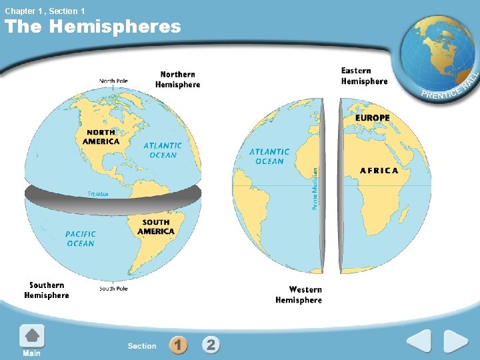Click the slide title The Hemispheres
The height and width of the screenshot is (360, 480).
[x=93, y=27]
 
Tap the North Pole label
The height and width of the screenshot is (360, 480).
[x=113, y=81]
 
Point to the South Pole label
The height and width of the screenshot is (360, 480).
[x=113, y=289]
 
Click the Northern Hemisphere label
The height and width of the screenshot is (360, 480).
[x=177, y=79]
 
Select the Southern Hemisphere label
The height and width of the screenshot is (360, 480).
[x=47, y=290]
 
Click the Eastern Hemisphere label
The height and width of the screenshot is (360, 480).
[x=364, y=76]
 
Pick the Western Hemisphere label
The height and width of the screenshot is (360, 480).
[x=299, y=295]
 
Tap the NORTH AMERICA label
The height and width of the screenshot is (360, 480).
[x=101, y=137]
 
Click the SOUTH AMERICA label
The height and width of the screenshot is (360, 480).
[x=156, y=227]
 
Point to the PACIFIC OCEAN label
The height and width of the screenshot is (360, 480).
[x=81, y=239]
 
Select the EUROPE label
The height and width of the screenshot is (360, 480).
[x=373, y=118]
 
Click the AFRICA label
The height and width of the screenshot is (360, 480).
[x=379, y=171]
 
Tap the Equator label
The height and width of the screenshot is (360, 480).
[x=98, y=194]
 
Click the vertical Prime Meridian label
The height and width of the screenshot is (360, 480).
[x=315, y=189]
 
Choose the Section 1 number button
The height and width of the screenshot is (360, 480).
[x=178, y=345]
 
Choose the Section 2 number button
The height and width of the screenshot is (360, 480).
[x=211, y=345]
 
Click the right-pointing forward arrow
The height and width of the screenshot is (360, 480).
[x=456, y=342]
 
